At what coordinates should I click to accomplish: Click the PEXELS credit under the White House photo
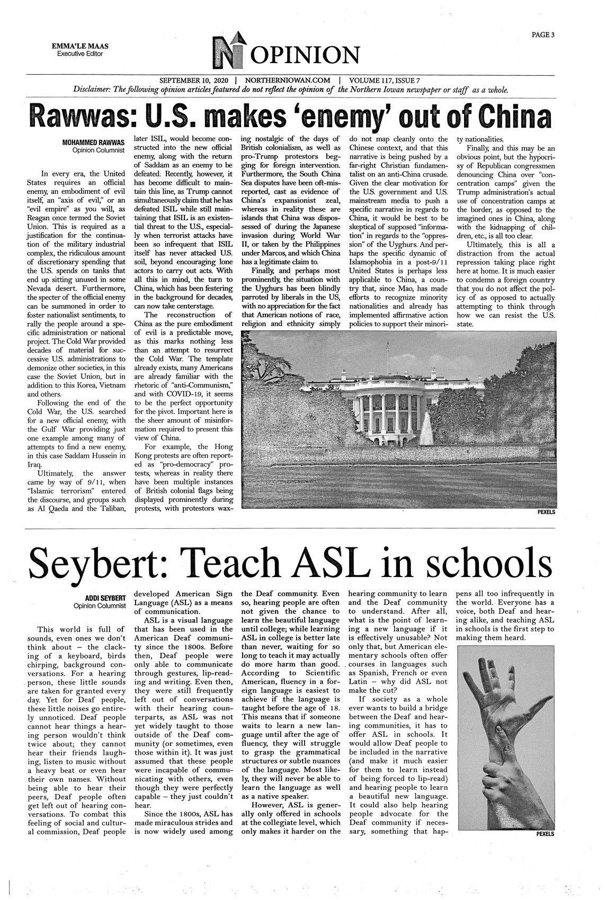(x=545, y=512)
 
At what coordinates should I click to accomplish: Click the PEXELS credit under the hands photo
(x=545, y=834)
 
